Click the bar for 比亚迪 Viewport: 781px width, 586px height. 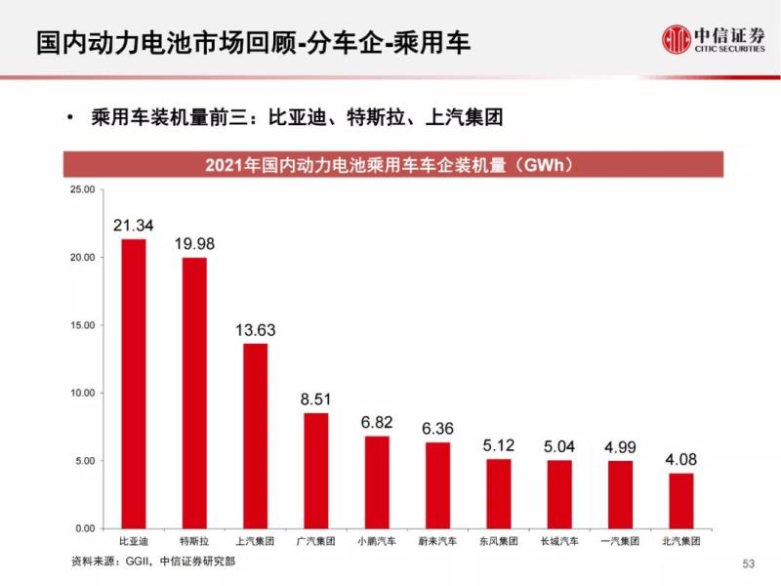pos(133,384)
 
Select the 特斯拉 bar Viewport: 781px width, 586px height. pos(194,393)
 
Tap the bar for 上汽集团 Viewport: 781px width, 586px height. pos(255,436)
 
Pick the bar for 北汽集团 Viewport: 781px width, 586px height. pos(681,500)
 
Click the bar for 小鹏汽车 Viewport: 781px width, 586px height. pos(377,481)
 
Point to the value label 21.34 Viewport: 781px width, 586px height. pos(133,227)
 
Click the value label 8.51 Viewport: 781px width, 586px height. pos(315,400)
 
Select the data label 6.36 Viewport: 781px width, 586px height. pos(437,430)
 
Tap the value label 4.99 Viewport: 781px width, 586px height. pos(620,447)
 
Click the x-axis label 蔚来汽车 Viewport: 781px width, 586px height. pos(437,540)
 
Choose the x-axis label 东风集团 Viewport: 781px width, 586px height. pos(498,540)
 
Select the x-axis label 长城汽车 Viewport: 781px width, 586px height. pos(559,540)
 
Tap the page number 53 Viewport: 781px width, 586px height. pos(749,564)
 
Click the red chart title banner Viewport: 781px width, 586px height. pos(393,164)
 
